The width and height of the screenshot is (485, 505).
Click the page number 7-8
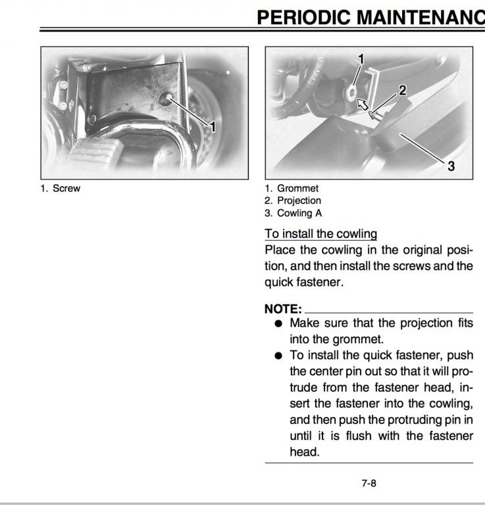[x=369, y=483]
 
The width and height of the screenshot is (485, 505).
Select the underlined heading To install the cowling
[x=320, y=233]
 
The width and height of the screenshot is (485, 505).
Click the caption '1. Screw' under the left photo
[x=60, y=189]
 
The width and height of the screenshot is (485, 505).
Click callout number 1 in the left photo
[x=213, y=125]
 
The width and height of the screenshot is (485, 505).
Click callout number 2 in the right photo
[x=402, y=88]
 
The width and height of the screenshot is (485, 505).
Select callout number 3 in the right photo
[x=451, y=166]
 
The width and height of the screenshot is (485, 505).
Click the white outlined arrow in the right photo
[x=361, y=103]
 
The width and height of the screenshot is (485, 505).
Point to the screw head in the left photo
[x=165, y=99]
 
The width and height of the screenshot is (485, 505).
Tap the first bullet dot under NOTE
[x=278, y=324]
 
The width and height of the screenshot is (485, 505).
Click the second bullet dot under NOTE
[x=278, y=356]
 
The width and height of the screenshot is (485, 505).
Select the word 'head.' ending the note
[x=303, y=452]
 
